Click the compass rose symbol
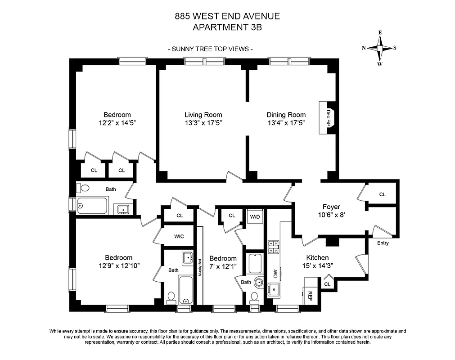(380, 48)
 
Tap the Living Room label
(203, 115)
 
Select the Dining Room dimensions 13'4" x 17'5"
(286, 123)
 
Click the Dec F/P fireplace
(327, 117)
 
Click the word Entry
(383, 243)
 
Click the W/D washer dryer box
(255, 216)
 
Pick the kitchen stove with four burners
(273, 247)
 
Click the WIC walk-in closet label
(179, 237)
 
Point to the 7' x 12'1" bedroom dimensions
(223, 266)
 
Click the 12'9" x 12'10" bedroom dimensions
(118, 265)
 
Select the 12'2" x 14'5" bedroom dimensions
(117, 123)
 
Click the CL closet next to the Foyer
(382, 194)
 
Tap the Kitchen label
(317, 258)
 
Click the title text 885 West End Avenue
(227, 17)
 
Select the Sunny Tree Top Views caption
(210, 49)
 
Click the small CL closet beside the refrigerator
(327, 284)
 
